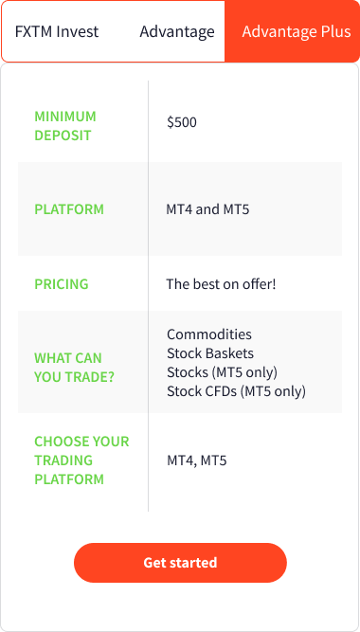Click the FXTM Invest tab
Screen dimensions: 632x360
point(57,31)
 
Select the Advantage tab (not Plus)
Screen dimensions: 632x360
point(177,31)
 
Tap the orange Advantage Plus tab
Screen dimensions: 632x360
point(297,31)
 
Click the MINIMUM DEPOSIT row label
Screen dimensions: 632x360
point(65,125)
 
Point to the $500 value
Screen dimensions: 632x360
point(182,122)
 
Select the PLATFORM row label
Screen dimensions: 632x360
point(69,209)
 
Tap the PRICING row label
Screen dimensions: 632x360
point(62,283)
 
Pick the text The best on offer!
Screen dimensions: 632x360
point(221,283)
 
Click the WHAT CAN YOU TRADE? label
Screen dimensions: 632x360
point(68,368)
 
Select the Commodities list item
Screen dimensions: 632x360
point(209,334)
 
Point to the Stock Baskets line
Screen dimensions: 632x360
point(210,353)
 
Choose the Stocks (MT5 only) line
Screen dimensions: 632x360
point(222,371)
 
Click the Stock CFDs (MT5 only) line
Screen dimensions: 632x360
point(236,390)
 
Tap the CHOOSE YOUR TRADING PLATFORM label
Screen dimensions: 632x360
point(81,460)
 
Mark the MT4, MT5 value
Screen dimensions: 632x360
point(197,460)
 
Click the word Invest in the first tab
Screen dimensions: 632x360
point(78,31)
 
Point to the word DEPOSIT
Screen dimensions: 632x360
point(63,135)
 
